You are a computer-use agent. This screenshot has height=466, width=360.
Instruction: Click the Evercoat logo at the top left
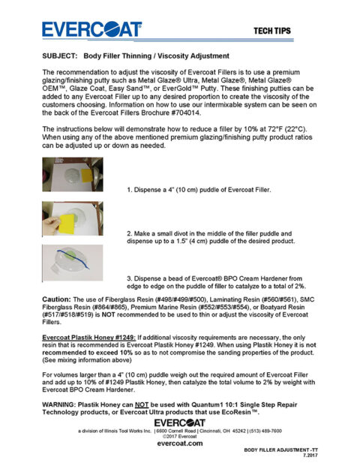(x=91, y=29)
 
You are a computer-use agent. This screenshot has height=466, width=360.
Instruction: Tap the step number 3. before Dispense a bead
(x=129, y=278)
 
